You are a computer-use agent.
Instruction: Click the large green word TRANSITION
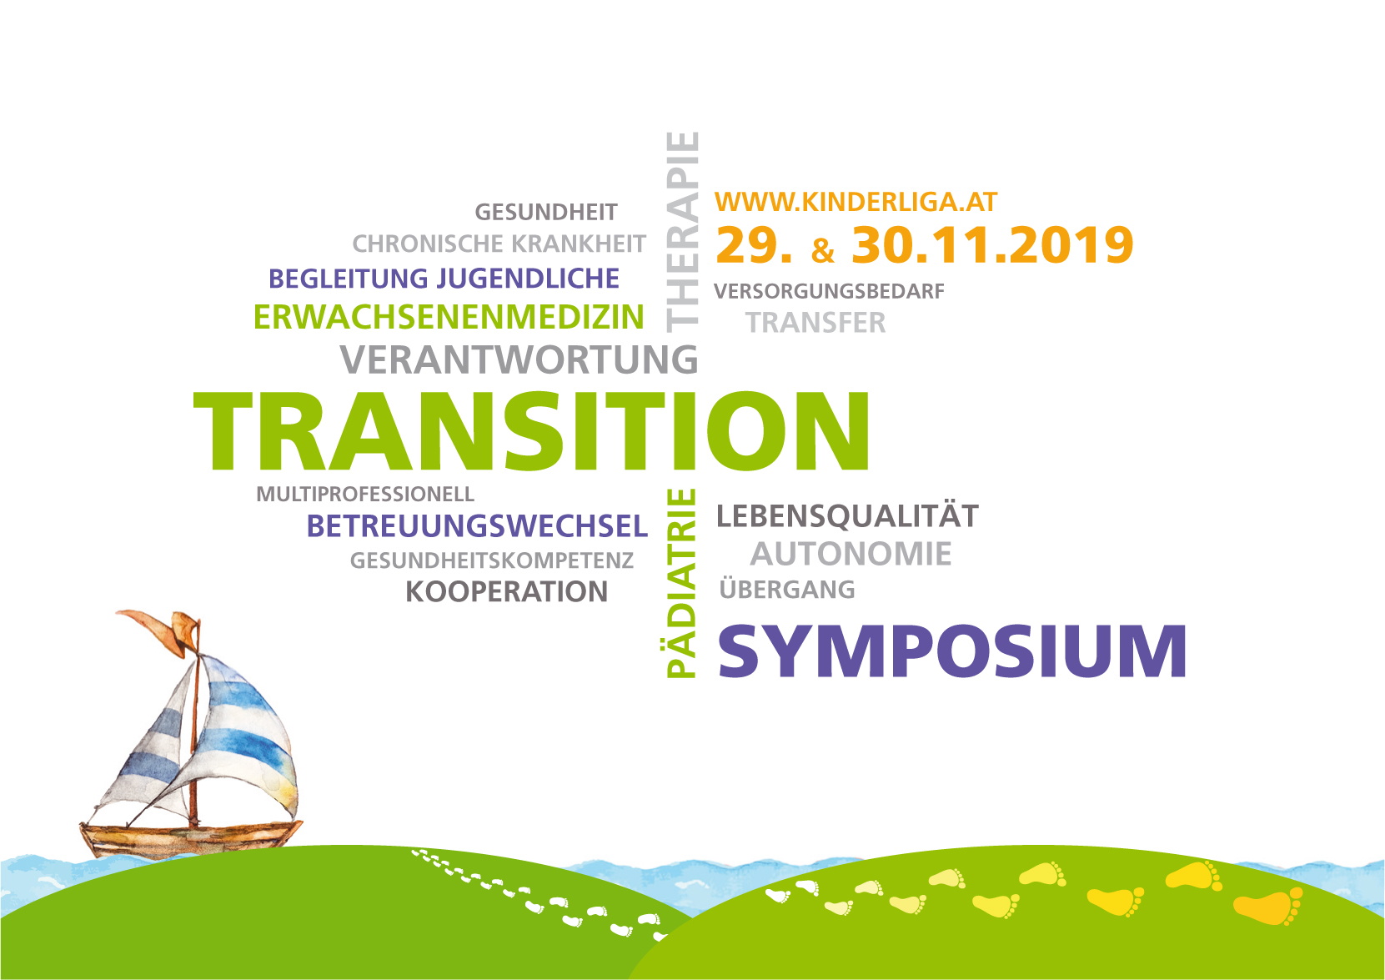pyautogui.click(x=532, y=431)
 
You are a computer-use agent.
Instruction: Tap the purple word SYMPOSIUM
pyautogui.click(x=951, y=651)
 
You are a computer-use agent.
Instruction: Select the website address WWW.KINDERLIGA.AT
pyautogui.click(x=856, y=202)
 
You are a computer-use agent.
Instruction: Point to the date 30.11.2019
pyautogui.click(x=992, y=245)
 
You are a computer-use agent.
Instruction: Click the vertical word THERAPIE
pyautogui.click(x=682, y=232)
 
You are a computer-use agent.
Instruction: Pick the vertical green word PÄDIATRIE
pyautogui.click(x=681, y=583)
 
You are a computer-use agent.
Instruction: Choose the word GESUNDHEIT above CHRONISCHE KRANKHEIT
pyautogui.click(x=546, y=212)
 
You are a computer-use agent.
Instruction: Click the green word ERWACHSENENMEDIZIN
pyautogui.click(x=449, y=317)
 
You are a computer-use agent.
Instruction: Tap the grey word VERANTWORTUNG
pyautogui.click(x=519, y=359)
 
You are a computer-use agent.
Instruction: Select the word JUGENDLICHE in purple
pyautogui.click(x=528, y=279)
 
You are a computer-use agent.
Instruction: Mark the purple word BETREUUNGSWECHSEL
pyautogui.click(x=477, y=526)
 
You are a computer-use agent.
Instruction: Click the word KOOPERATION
pyautogui.click(x=506, y=591)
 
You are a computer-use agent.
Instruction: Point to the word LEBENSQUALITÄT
pyautogui.click(x=847, y=515)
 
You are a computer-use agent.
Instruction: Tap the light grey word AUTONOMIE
pyautogui.click(x=851, y=553)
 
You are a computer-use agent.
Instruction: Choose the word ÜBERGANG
pyautogui.click(x=787, y=588)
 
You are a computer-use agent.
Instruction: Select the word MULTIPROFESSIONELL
pyautogui.click(x=365, y=494)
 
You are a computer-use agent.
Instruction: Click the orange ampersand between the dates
pyautogui.click(x=822, y=250)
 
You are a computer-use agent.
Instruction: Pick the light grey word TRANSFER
pyautogui.click(x=815, y=322)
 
